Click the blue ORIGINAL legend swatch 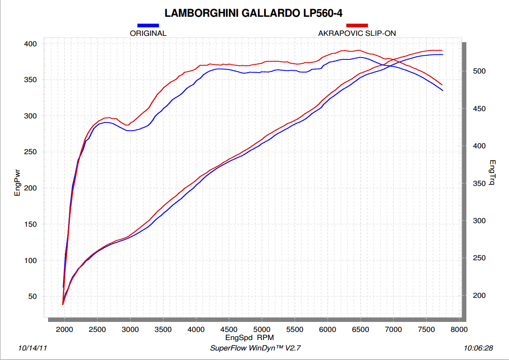click(x=148, y=26)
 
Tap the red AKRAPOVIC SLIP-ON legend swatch click(x=357, y=26)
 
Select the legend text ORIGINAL click(x=148, y=33)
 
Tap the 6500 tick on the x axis click(x=360, y=329)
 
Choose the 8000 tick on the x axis click(x=459, y=329)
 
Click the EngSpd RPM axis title click(x=250, y=338)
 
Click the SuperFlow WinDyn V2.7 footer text click(x=255, y=348)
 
